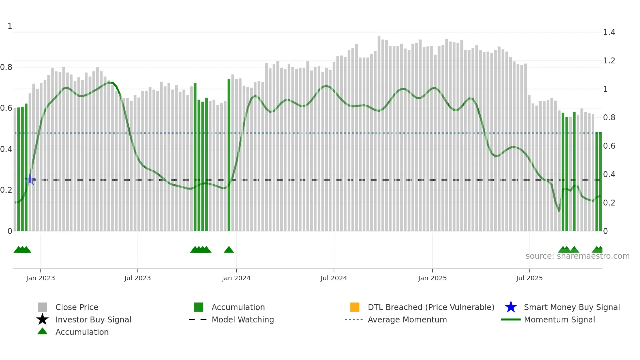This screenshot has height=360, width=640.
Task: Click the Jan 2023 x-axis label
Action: (x=40, y=278)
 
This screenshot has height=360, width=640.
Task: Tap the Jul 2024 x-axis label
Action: (x=334, y=278)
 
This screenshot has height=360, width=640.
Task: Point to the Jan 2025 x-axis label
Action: (x=432, y=278)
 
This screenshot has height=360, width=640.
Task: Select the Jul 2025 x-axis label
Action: (x=529, y=278)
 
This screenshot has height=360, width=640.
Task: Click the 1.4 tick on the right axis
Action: (x=609, y=32)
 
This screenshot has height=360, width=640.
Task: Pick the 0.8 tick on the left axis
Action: (x=7, y=67)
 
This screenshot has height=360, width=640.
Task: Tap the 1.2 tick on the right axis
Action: (x=609, y=61)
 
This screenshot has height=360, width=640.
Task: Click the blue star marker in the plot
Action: (x=30, y=180)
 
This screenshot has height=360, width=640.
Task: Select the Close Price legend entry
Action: (x=77, y=307)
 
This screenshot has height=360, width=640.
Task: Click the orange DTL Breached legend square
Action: (x=355, y=307)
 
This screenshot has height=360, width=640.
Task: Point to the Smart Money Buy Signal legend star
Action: (x=511, y=307)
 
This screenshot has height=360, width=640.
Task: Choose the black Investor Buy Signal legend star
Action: (x=42, y=319)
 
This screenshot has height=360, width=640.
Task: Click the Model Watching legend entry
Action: (x=243, y=319)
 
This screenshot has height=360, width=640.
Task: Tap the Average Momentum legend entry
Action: (x=407, y=319)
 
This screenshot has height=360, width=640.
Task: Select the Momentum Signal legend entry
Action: (x=559, y=319)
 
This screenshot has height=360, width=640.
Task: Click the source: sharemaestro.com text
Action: (x=577, y=256)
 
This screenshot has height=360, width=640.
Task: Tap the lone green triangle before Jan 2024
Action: (x=229, y=250)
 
